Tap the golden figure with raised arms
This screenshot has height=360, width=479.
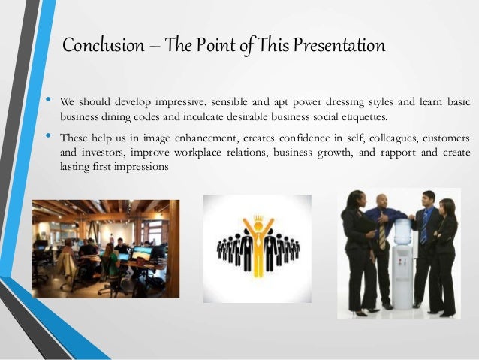258,252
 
